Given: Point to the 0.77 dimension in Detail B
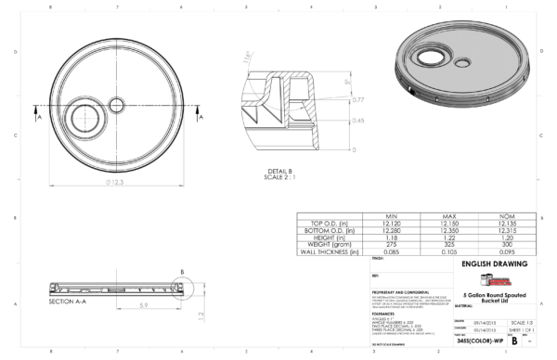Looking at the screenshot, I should point(357,99).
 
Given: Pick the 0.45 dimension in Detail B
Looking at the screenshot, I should point(357,121).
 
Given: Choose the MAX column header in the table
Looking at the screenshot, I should point(443,215).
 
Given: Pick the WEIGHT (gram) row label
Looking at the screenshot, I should point(327,244).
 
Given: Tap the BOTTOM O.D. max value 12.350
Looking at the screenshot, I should point(443,230).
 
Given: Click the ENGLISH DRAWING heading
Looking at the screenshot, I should point(493,264).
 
